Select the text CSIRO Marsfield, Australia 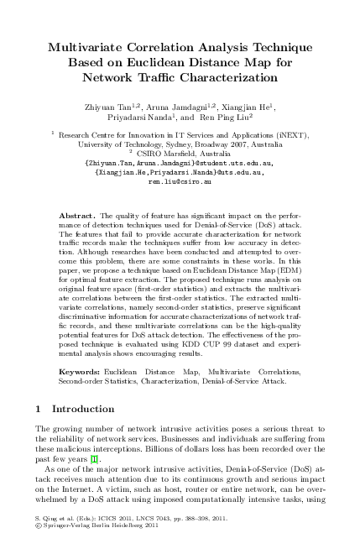(x=183, y=152)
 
